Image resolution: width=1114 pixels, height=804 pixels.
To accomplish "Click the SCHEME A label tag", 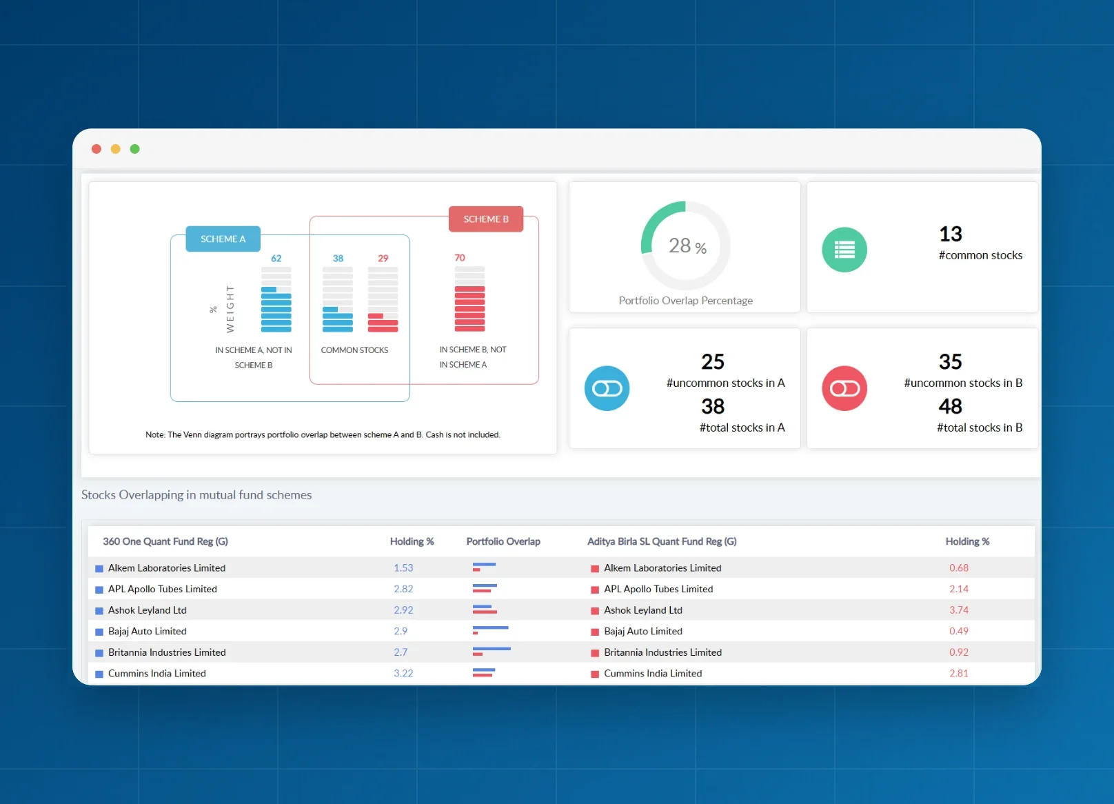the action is (x=223, y=239).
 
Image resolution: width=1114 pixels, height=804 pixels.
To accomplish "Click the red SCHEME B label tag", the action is (x=486, y=219).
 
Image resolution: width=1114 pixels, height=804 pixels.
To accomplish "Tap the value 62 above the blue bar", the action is (x=276, y=258).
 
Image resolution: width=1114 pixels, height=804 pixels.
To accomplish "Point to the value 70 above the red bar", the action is (x=460, y=258).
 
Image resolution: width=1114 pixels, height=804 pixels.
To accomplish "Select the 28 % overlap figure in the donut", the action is (x=687, y=245).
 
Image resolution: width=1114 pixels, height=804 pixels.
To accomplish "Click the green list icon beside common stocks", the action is (x=844, y=250).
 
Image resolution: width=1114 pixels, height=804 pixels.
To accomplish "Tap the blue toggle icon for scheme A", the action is (x=607, y=388).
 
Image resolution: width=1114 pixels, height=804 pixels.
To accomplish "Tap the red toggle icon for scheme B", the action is (x=844, y=388).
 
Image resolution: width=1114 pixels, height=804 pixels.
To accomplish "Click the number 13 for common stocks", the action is (x=951, y=234).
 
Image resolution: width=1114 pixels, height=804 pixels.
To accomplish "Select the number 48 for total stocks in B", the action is (x=951, y=406).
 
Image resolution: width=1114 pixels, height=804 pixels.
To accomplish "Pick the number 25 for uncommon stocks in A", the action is (x=713, y=362).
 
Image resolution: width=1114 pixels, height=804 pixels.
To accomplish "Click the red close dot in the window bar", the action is (x=97, y=149).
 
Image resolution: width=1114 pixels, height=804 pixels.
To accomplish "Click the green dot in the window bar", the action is (x=135, y=149).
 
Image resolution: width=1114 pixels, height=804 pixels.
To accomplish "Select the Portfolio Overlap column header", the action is (x=503, y=541).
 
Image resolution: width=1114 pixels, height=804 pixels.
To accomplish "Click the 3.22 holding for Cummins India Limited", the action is (x=403, y=673).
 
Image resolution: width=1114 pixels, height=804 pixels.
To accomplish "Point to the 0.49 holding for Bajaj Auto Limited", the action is (x=958, y=631).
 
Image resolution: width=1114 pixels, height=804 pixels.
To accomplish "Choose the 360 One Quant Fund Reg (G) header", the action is (x=165, y=541).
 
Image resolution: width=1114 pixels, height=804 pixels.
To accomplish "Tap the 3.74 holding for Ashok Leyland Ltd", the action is (x=958, y=610).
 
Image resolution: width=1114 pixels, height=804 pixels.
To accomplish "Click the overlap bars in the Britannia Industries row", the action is (x=492, y=651).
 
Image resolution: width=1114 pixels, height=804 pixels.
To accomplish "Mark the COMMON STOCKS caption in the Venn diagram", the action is (x=354, y=350).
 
